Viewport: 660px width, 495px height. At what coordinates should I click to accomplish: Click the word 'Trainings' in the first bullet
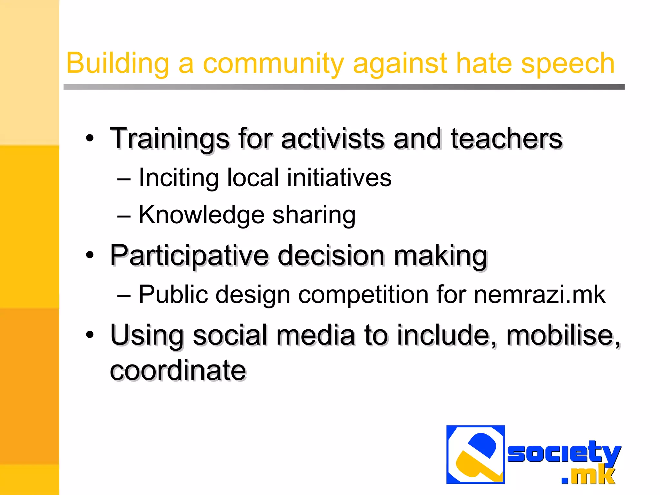click(170, 139)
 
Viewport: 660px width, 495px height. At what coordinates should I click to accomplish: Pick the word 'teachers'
click(506, 139)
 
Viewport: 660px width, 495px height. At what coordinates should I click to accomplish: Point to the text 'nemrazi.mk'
click(539, 294)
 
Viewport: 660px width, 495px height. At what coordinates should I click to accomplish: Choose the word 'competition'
click(363, 295)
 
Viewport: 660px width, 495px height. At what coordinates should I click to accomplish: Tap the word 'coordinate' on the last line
click(178, 370)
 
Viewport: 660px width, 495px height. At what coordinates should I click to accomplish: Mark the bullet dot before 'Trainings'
click(90, 138)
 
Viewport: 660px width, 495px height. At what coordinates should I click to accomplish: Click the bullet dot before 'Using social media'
click(90, 335)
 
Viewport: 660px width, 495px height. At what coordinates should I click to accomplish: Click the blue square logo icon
click(475, 454)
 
